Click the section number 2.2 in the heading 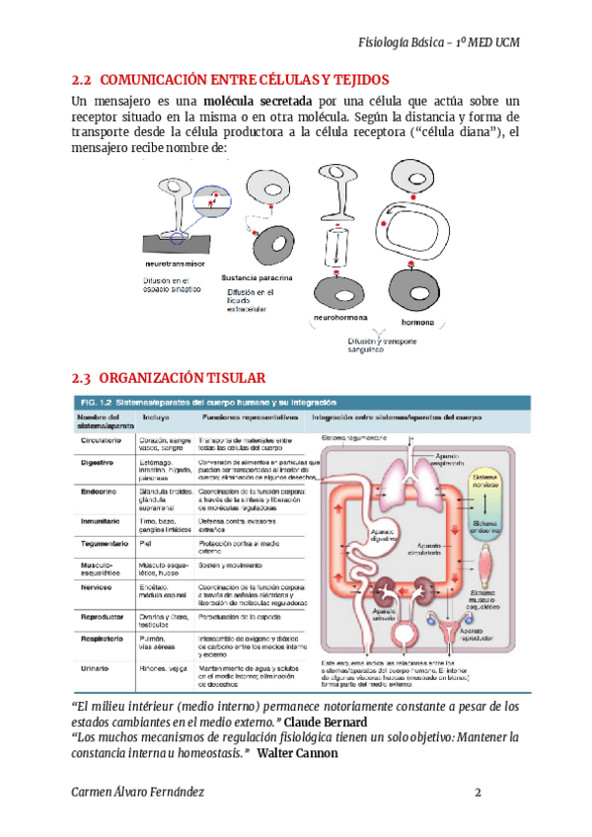[82, 79]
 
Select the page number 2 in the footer [478, 794]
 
